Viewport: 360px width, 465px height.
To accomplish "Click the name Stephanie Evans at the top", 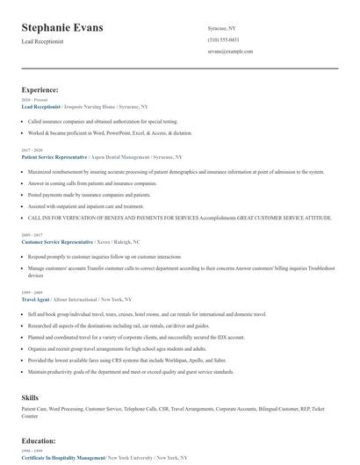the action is tap(62, 28).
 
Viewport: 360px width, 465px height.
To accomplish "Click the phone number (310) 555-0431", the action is tap(223, 39).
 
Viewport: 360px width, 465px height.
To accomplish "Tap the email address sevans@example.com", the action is tap(230, 52).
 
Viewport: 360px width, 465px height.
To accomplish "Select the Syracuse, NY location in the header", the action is tap(221, 28).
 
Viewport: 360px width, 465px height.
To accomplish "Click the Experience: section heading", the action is tap(40, 89).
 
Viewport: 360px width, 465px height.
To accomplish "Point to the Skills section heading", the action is tap(30, 397).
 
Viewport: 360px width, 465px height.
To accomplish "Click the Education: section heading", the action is tap(39, 441).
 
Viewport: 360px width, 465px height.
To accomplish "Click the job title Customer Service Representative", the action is tap(57, 240).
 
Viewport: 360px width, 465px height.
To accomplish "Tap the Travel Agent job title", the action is tap(36, 299).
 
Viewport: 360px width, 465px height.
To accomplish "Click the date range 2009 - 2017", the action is tap(31, 234).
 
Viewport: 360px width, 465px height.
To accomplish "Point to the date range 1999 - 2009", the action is tap(31, 292).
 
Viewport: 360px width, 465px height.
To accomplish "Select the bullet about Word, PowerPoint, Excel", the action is tap(110, 132).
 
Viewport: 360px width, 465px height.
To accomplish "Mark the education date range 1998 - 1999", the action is tap(31, 451).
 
